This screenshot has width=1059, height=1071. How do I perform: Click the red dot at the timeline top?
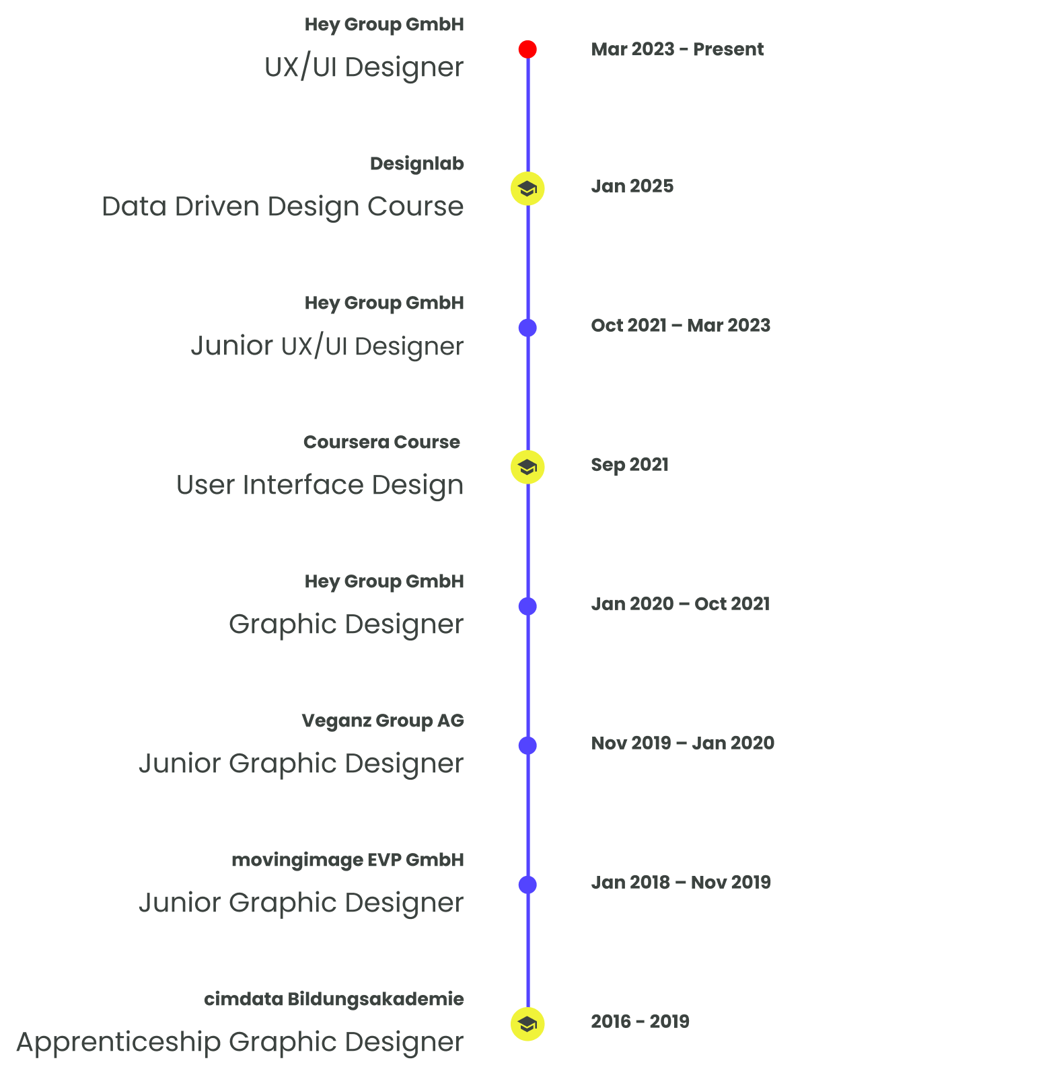coord(527,49)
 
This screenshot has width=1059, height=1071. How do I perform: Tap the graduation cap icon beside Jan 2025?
coord(527,189)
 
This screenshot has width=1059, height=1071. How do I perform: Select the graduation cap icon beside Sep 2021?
coord(527,467)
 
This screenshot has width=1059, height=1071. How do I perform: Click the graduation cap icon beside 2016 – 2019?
coord(527,1024)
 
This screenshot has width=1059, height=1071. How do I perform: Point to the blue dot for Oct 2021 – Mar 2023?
coord(527,328)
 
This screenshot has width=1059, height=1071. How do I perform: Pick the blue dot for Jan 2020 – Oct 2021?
coord(527,606)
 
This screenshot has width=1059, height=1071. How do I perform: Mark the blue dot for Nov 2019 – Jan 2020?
coord(527,745)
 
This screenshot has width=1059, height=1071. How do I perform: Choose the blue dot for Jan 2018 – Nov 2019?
coord(527,885)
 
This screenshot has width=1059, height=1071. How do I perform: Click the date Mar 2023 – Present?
coord(677,49)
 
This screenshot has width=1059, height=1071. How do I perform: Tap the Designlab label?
coord(416,163)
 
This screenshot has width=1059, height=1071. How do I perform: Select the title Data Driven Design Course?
coord(283,207)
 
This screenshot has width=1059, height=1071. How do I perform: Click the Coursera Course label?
coord(381,442)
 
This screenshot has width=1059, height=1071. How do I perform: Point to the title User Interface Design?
coord(320,485)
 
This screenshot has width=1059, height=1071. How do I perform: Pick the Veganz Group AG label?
coord(382,721)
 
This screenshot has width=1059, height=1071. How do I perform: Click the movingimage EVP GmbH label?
coord(347,860)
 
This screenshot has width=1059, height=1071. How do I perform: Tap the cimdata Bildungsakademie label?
coord(334,999)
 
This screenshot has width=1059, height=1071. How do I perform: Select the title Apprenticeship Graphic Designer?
coord(240,1042)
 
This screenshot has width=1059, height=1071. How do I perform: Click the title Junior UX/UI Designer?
coord(327,346)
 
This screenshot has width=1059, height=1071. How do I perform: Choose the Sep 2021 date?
coord(630,464)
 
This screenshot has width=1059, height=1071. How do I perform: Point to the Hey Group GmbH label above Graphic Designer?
coord(384,581)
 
